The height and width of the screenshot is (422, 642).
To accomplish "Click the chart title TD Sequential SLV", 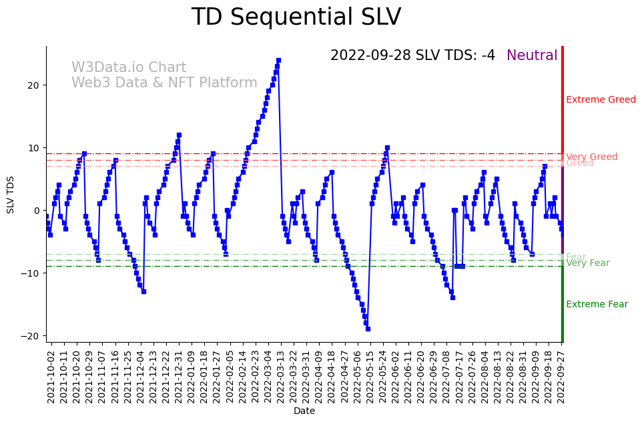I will click(x=296, y=17).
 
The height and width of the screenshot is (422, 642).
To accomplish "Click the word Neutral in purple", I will click(x=532, y=56).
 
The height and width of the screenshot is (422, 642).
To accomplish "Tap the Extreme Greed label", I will click(x=601, y=100).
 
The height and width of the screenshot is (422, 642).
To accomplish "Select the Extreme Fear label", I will click(x=597, y=305).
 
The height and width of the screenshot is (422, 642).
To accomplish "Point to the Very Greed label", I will click(x=591, y=157).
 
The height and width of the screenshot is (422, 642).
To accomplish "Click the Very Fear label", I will click(x=587, y=263).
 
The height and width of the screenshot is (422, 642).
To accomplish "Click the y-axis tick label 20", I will click(x=33, y=85).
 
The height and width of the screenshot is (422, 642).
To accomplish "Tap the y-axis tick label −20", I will click(x=31, y=336).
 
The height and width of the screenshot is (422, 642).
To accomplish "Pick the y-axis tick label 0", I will click(x=36, y=211).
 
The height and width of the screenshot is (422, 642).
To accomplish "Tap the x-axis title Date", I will click(x=304, y=411).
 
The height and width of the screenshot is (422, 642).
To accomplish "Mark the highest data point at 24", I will click(x=278, y=60).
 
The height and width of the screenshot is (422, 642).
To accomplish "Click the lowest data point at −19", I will click(x=368, y=329).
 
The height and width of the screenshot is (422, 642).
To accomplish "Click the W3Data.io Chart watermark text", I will click(x=129, y=68).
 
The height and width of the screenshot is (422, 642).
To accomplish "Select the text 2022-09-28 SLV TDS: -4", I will click(x=412, y=56).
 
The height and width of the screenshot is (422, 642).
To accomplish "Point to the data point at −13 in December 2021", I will click(x=143, y=291).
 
